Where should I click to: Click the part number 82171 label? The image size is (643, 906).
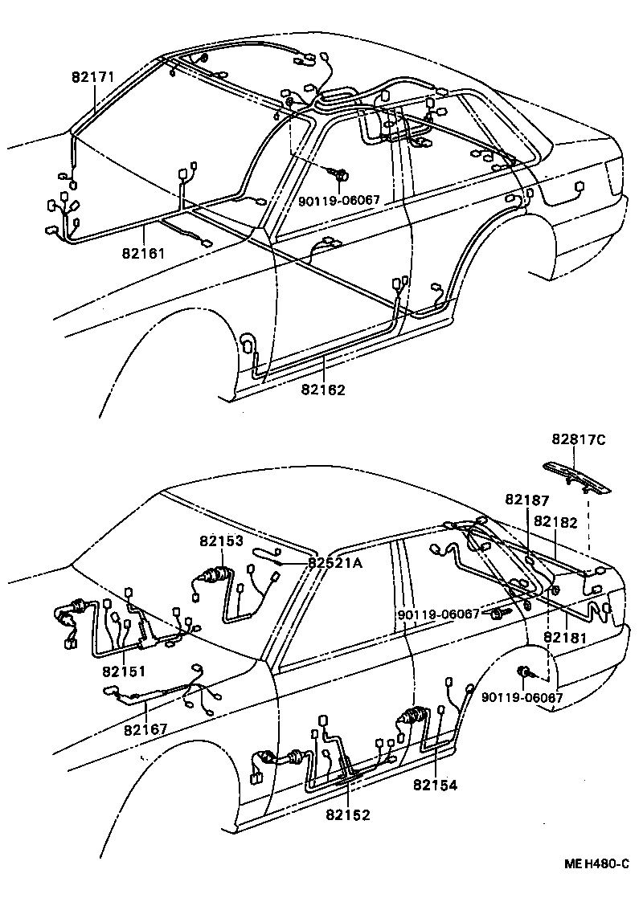pyautogui.click(x=93, y=77)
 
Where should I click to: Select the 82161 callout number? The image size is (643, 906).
pyautogui.click(x=144, y=253)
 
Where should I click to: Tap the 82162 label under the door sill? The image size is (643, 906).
pyautogui.click(x=323, y=390)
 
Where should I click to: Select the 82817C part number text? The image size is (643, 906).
pyautogui.click(x=579, y=439)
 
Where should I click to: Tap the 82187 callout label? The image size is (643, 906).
pyautogui.click(x=527, y=500)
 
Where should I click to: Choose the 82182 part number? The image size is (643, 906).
pyautogui.click(x=555, y=521)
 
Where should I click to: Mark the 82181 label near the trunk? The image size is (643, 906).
pyautogui.click(x=567, y=637)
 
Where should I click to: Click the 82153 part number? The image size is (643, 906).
pyautogui.click(x=222, y=541)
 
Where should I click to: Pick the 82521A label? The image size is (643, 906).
pyautogui.click(x=335, y=563)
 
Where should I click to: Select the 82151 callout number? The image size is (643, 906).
pyautogui.click(x=124, y=671)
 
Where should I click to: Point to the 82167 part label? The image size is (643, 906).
pyautogui.click(x=145, y=728)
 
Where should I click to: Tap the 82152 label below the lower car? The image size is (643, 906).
pyautogui.click(x=348, y=814)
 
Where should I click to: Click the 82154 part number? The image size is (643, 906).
pyautogui.click(x=436, y=785)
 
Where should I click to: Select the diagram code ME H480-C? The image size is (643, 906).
pyautogui.click(x=596, y=864)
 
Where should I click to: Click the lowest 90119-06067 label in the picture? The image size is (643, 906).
pyautogui.click(x=522, y=697)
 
